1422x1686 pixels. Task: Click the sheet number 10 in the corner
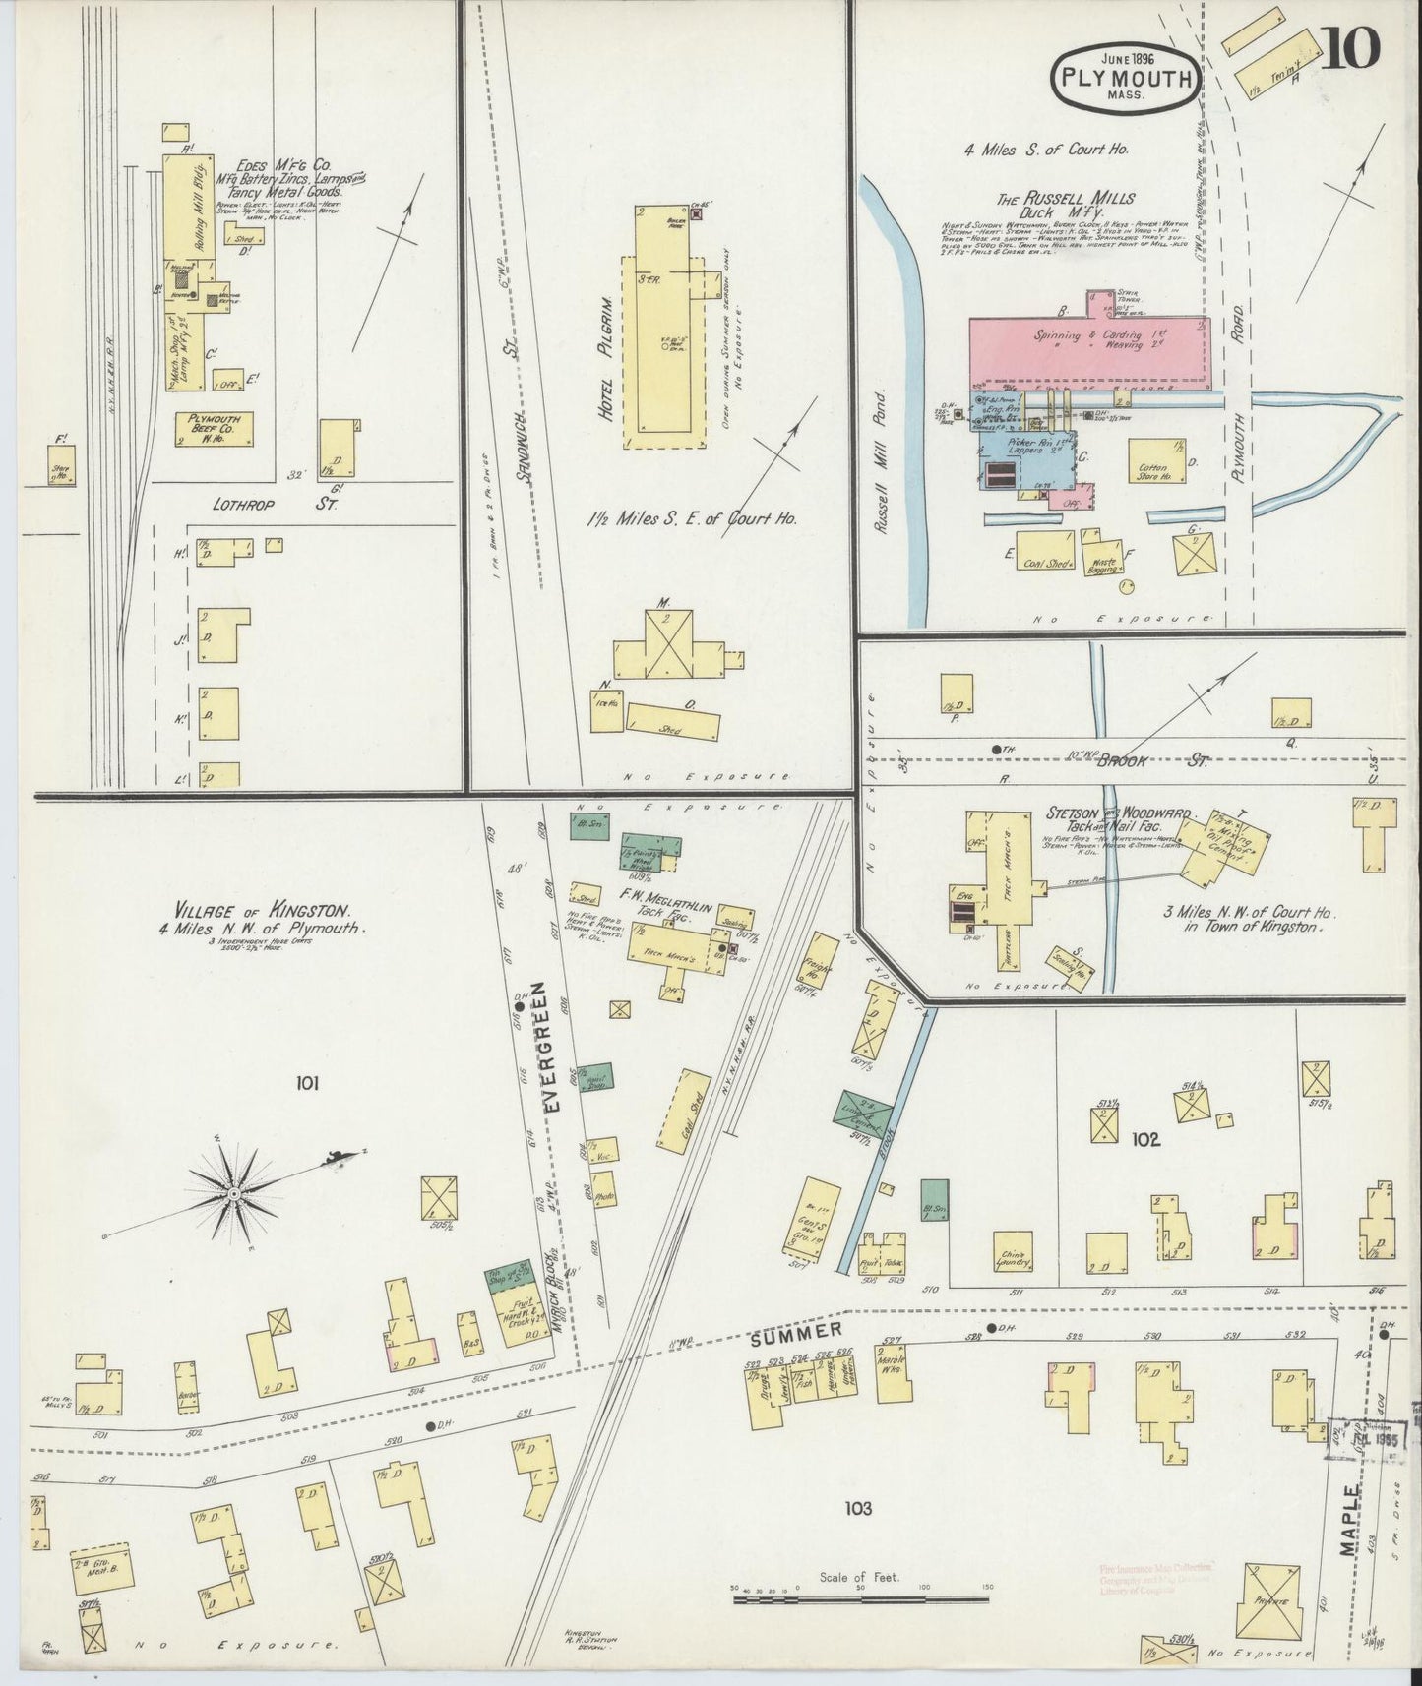(1350, 47)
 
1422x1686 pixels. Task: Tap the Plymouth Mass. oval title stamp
(1126, 77)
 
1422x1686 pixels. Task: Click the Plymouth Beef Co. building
(215, 429)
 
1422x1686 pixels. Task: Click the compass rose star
(235, 1194)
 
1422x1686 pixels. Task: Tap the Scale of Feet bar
(865, 1599)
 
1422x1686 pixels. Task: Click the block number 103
(857, 1507)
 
